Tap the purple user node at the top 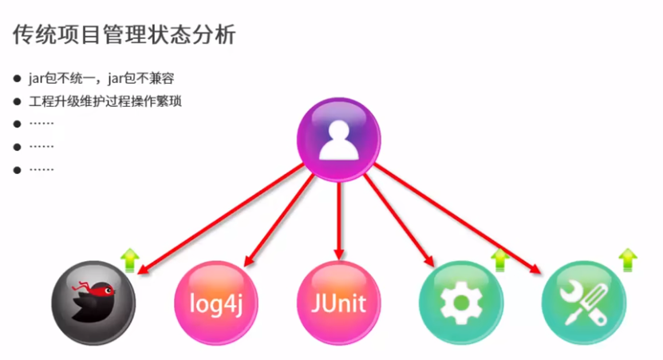tap(338, 139)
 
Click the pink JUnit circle tap(338, 303)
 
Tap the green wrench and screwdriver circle tap(583, 303)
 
